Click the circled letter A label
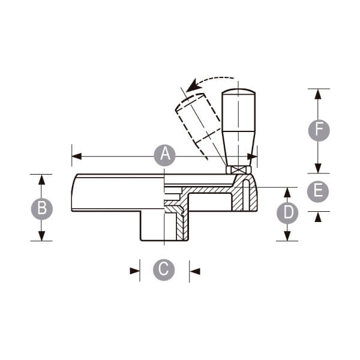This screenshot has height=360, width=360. coord(164,155)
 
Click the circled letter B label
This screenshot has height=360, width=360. coord(42,209)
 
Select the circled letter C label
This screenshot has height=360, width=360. coord(164,270)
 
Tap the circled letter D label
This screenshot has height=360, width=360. coord(287,213)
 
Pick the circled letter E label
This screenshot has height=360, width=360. coord(318,191)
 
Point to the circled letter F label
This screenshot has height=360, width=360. coord(319,130)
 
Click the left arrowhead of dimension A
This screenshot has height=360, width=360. coord(77,157)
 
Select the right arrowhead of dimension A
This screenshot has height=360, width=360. coord(252,157)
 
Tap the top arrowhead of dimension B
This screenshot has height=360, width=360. coord(41,179)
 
